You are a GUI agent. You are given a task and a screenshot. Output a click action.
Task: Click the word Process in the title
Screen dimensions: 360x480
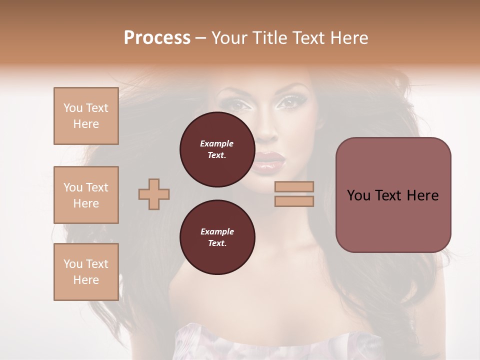[157, 38]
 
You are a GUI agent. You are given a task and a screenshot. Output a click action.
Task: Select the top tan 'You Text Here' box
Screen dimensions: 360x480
[86, 116]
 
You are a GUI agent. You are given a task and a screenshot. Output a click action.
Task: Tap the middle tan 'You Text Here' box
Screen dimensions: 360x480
[86, 195]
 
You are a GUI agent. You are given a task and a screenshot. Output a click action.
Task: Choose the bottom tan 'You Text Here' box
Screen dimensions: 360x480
[86, 272]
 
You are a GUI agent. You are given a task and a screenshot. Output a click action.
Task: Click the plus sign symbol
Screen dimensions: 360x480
[154, 194]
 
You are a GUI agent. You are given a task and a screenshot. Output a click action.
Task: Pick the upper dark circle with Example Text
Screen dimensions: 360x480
[217, 149]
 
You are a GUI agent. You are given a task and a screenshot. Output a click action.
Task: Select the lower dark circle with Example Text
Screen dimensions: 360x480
[217, 237]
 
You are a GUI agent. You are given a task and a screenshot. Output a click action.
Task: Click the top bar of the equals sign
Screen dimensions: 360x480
[294, 186]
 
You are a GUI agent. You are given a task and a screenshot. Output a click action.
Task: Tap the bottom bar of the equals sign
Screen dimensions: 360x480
[294, 201]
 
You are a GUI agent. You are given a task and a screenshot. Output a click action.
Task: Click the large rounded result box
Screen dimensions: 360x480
[393, 195]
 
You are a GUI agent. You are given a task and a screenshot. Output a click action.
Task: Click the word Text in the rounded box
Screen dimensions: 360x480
[393, 195]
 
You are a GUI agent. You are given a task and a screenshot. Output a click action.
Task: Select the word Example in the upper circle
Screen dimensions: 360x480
[217, 143]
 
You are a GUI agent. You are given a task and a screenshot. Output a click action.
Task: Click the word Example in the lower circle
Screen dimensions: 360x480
[217, 231]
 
